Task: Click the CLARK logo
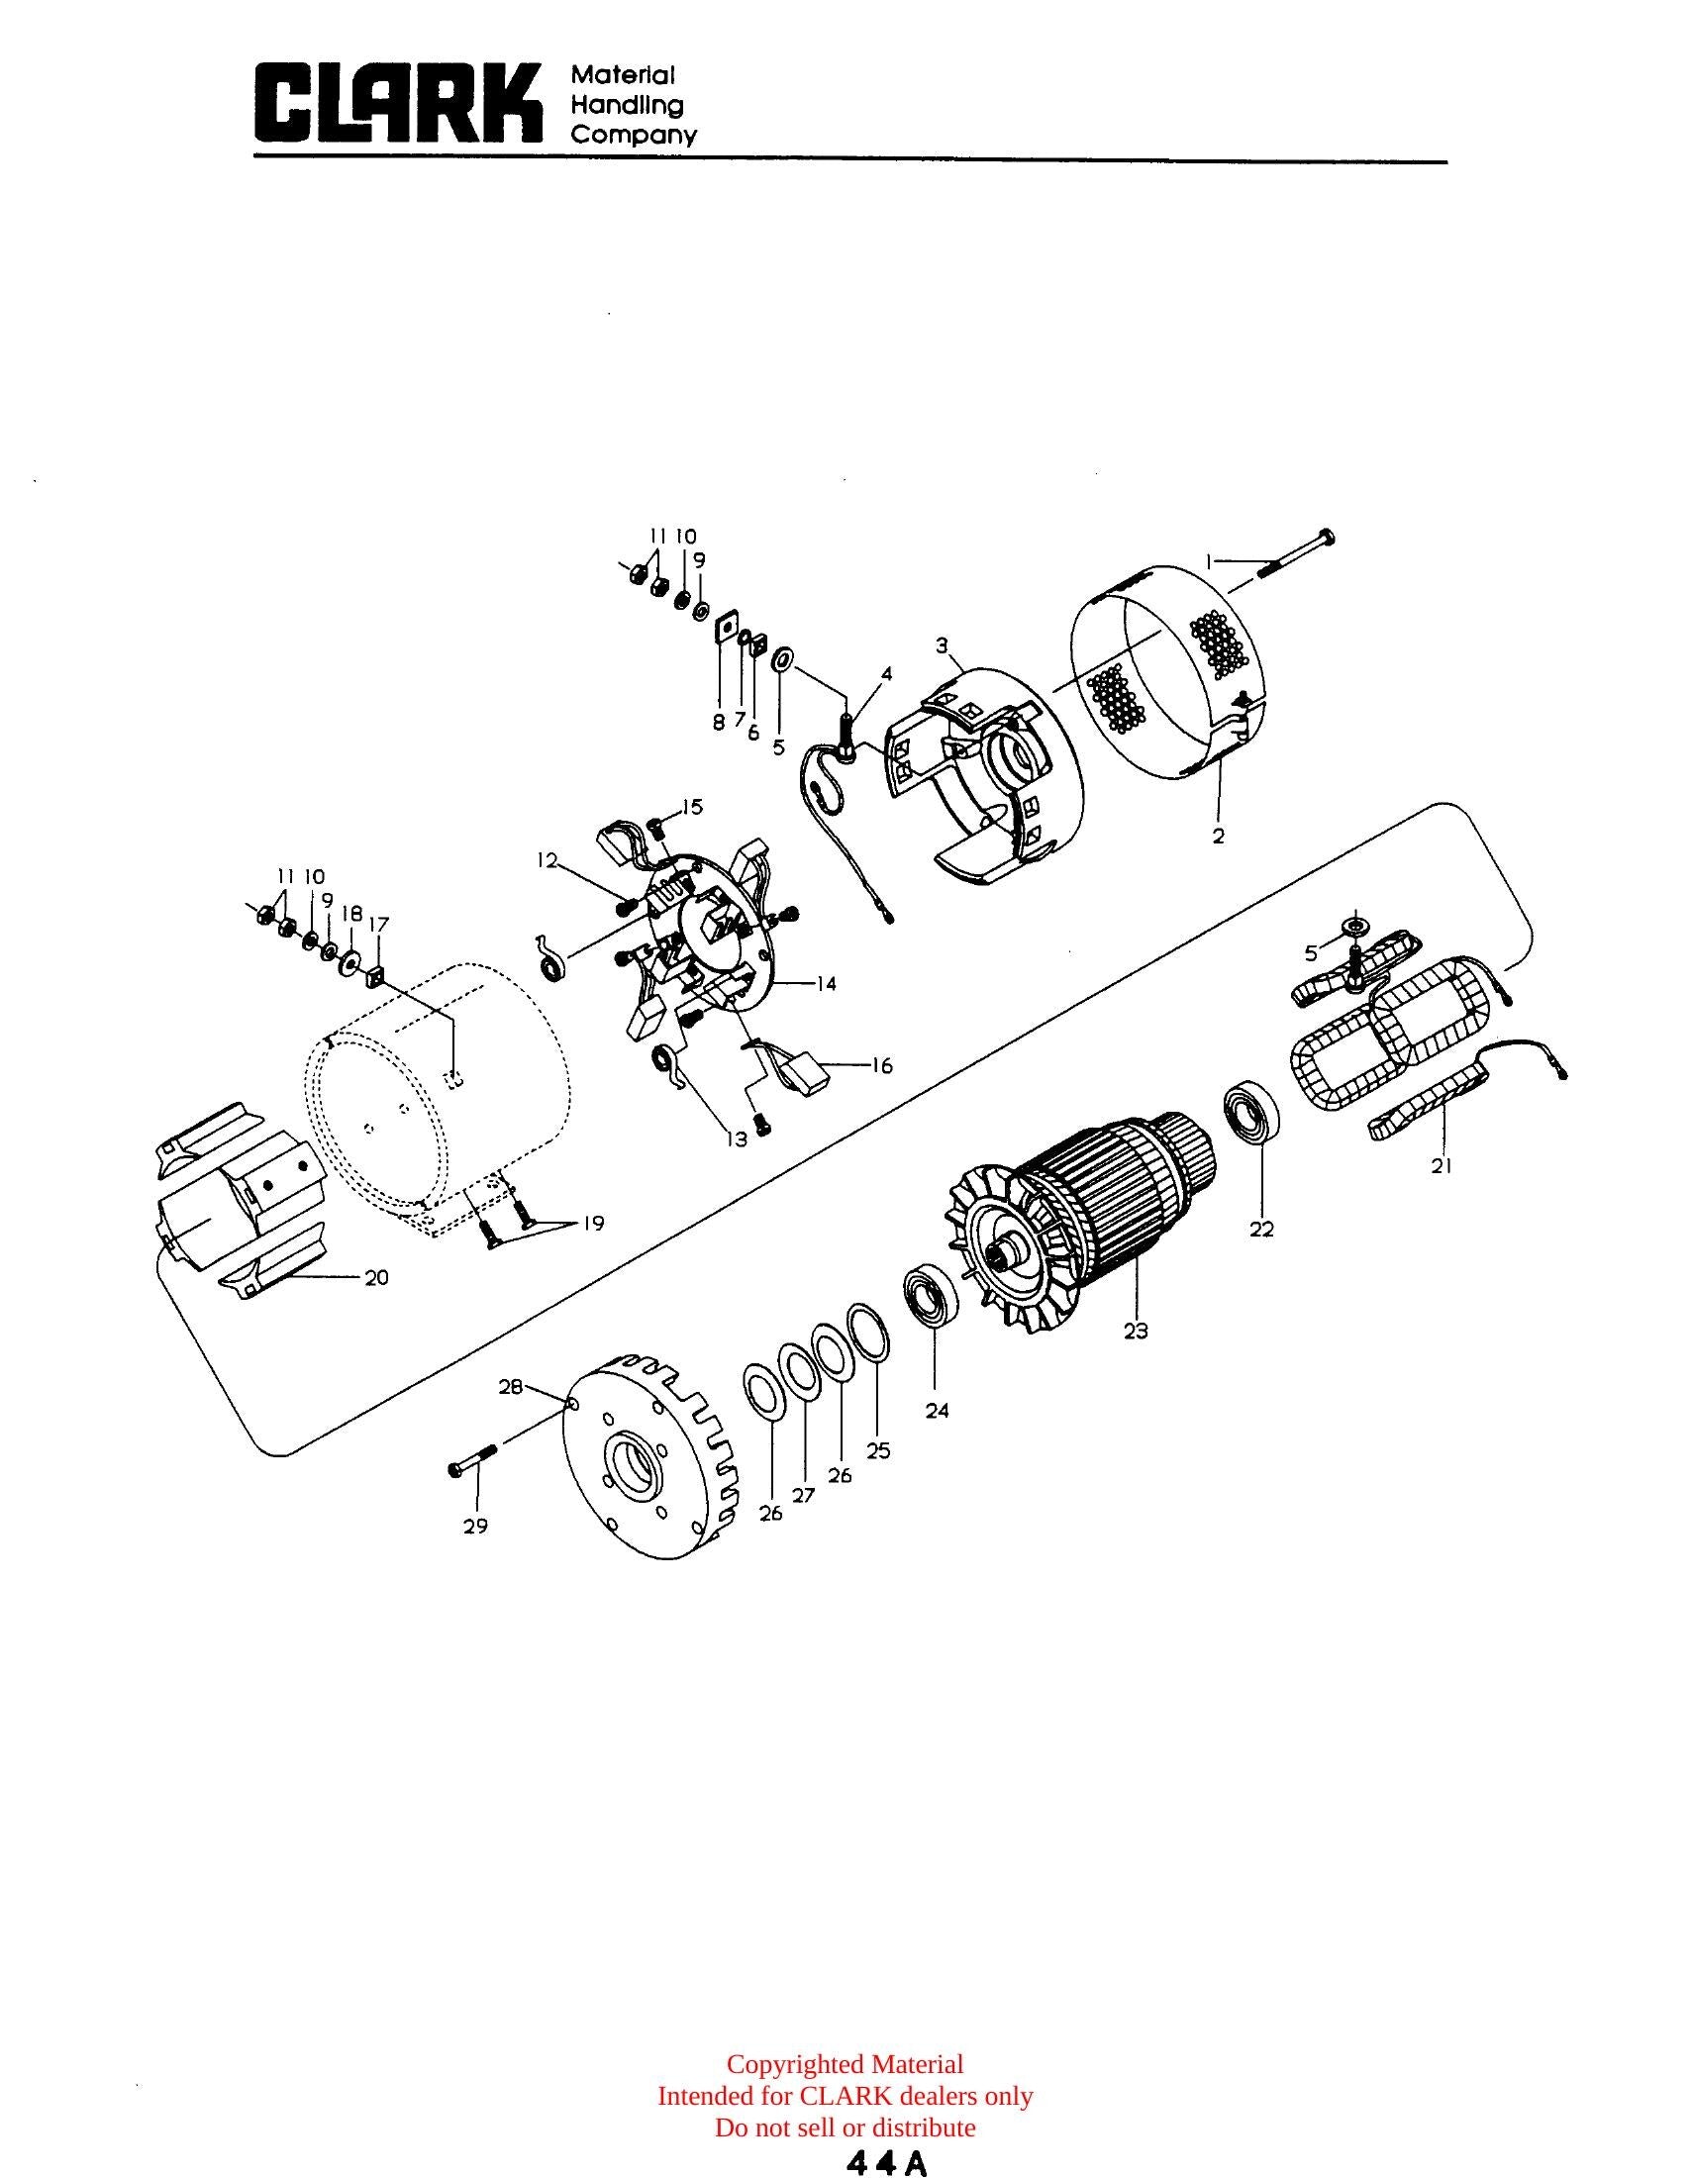coord(400,103)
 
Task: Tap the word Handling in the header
coord(626,105)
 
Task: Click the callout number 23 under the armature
coord(1136,1330)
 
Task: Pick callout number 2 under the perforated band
coord(1219,836)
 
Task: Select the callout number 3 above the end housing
coord(942,645)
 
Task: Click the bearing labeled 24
coord(933,1295)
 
